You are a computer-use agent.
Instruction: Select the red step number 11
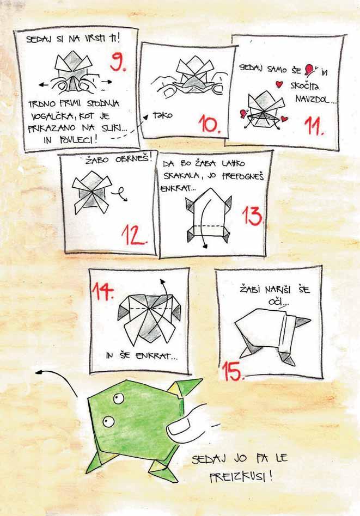click(314, 126)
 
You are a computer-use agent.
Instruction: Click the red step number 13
click(253, 216)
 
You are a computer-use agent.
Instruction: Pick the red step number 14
click(103, 290)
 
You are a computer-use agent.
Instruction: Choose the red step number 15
click(233, 371)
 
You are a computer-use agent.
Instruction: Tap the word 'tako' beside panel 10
click(162, 115)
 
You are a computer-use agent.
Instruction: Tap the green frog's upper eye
click(119, 399)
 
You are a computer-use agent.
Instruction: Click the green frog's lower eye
click(108, 421)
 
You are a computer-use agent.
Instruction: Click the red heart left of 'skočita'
click(279, 84)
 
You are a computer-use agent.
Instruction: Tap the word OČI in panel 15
click(273, 301)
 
